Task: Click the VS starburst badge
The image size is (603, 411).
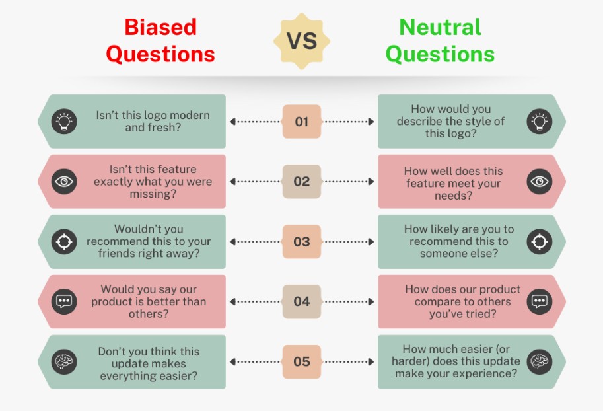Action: coord(302,41)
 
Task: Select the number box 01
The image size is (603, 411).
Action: coord(302,122)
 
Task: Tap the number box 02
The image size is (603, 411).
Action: coord(302,182)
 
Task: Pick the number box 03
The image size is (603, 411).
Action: coord(302,242)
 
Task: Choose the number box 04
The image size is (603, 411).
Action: coord(302,302)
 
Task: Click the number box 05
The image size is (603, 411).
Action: coord(302,361)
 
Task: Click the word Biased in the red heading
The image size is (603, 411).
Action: coord(160,27)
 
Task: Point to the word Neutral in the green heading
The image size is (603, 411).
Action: coord(440,27)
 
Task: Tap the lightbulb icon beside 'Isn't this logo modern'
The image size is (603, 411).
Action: coord(64,122)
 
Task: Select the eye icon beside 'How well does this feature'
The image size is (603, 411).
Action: coord(540,182)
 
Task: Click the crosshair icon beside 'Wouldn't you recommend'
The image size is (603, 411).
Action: coord(64,242)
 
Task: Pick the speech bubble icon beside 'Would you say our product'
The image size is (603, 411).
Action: coord(64,302)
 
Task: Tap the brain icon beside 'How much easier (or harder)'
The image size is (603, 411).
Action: coord(540,361)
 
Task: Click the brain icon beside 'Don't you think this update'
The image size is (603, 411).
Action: coord(64,361)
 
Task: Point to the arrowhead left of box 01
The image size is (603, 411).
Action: coord(232,122)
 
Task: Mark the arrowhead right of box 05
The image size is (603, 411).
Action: coord(371,361)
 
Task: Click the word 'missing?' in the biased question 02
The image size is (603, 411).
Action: coord(153,194)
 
